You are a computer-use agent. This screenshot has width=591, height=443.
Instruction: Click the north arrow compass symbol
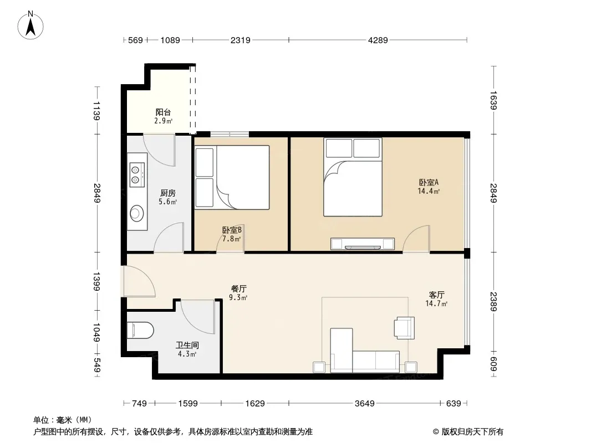pyautogui.click(x=30, y=25)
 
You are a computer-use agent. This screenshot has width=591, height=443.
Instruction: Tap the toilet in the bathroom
pyautogui.click(x=140, y=331)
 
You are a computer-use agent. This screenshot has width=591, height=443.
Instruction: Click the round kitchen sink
pyautogui.click(x=136, y=213)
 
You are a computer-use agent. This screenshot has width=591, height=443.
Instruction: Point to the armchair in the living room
pyautogui.click(x=404, y=328)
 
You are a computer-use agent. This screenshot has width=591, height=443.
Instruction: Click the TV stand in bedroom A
pyautogui.click(x=363, y=244)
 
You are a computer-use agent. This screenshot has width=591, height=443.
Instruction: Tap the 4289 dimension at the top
pyautogui.click(x=378, y=40)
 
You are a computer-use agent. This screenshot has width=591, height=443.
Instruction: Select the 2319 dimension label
pyautogui.click(x=241, y=40)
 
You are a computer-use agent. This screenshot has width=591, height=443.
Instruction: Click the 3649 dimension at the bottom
pyautogui.click(x=364, y=404)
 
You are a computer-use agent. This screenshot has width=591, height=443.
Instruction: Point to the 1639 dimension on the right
pyautogui.click(x=494, y=100)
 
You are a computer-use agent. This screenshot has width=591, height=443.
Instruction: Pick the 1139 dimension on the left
pyautogui.click(x=96, y=111)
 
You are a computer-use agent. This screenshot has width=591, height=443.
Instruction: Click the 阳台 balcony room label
pyautogui.click(x=163, y=112)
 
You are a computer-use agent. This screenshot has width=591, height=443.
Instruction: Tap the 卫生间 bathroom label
pyautogui.click(x=187, y=345)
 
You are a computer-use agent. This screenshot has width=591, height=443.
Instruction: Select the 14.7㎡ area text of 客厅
pyautogui.click(x=436, y=304)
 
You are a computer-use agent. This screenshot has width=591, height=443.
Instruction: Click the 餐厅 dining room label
pyautogui.click(x=238, y=289)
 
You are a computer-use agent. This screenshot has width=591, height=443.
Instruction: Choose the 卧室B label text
pyautogui.click(x=232, y=230)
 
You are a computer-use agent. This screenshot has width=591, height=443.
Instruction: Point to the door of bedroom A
pyautogui.click(x=416, y=239)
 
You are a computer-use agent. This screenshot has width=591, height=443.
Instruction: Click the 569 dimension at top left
pyautogui.click(x=135, y=40)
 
